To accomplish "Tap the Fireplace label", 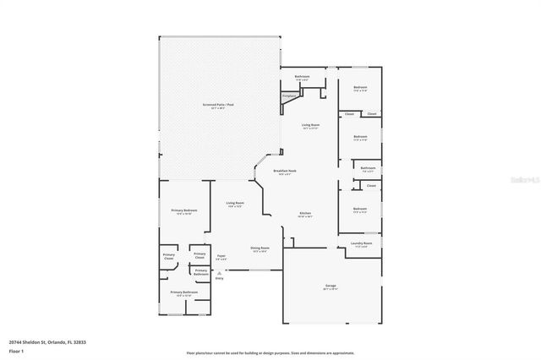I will click(289, 95).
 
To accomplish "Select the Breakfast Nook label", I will click(285, 172).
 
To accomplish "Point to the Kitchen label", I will click(305, 214).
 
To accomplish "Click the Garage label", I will click(331, 287).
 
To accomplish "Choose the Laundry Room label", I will click(361, 244).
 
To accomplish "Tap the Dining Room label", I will click(259, 248).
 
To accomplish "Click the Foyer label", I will click(221, 256).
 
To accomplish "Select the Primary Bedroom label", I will click(184, 210).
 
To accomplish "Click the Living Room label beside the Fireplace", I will click(311, 126).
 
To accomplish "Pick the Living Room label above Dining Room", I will click(234, 203).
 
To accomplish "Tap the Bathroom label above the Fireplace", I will click(302, 77).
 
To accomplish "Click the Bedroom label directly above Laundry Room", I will click(360, 209).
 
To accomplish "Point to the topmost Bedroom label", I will click(360, 88).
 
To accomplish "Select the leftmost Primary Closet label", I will click(170, 254).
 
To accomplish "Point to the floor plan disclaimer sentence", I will click(270, 353).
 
